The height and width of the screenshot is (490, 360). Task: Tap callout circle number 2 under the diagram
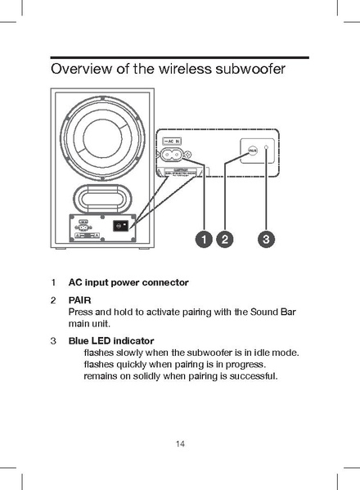(x=225, y=239)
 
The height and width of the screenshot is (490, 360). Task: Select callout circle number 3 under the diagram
(x=267, y=239)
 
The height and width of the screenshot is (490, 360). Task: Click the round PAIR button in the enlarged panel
(x=253, y=151)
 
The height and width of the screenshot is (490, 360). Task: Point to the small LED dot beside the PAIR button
(x=267, y=151)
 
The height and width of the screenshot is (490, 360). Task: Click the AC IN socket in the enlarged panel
(x=175, y=154)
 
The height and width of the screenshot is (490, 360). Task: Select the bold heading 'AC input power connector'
(x=128, y=282)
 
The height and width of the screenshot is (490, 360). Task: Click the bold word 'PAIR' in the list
(x=79, y=300)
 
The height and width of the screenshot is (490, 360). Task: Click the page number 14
(x=180, y=443)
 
